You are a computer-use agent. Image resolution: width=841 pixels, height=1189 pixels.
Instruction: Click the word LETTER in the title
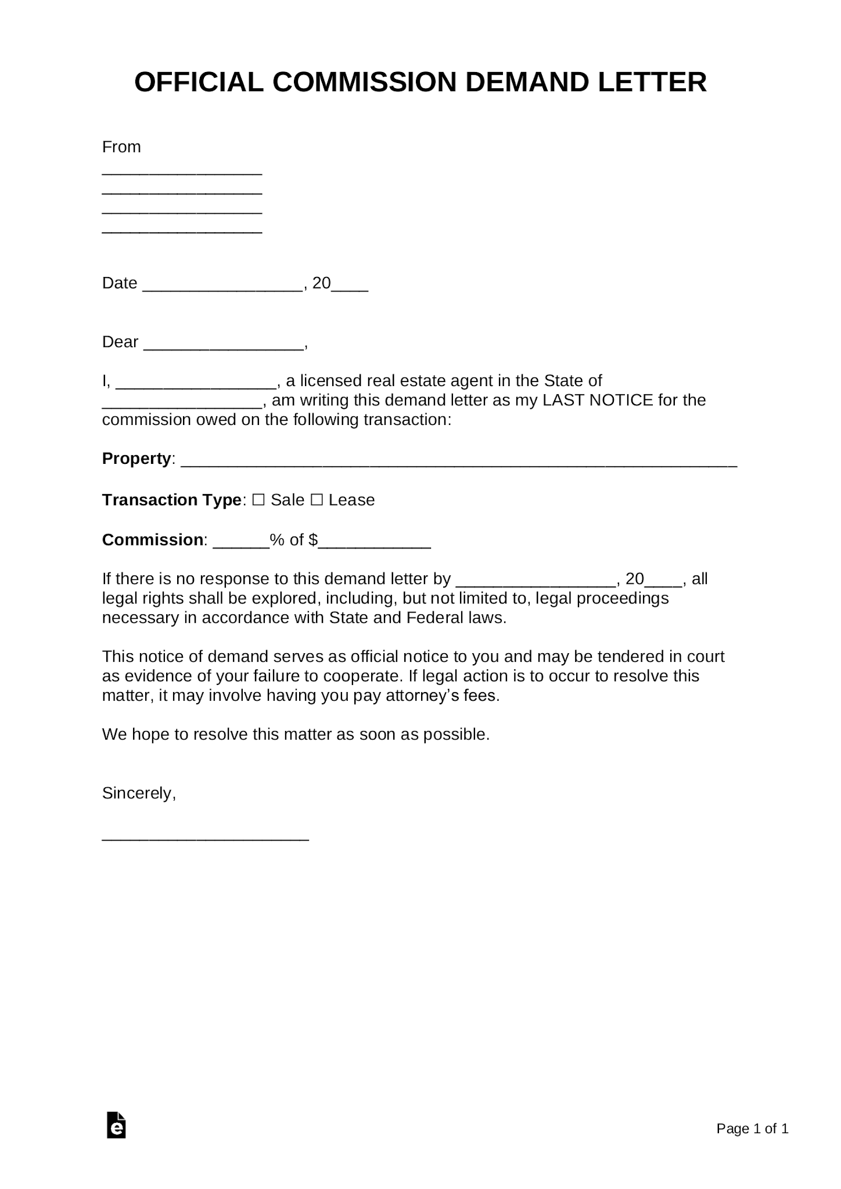[x=652, y=82]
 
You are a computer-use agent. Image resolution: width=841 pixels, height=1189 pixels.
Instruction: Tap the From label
[x=121, y=147]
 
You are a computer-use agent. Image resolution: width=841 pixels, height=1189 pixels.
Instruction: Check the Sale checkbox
[x=259, y=500]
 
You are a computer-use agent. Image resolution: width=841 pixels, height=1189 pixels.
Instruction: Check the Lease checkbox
[x=317, y=500]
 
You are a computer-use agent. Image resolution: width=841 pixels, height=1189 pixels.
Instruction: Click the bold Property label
[x=136, y=459]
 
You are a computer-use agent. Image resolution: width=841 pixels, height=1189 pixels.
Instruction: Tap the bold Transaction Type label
[x=171, y=500]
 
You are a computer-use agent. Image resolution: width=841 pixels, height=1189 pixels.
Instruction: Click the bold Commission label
[x=152, y=540]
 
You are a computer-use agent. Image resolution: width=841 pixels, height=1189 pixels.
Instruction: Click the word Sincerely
[x=138, y=793]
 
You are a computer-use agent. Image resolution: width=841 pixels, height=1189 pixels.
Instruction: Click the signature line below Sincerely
[x=205, y=837]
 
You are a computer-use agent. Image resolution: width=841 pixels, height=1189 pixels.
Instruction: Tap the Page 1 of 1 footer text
[x=752, y=1128]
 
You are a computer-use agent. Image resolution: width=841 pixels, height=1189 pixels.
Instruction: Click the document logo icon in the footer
[x=117, y=1125]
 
